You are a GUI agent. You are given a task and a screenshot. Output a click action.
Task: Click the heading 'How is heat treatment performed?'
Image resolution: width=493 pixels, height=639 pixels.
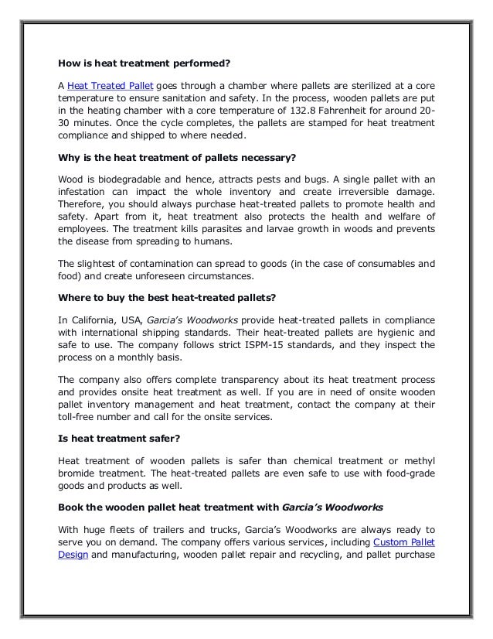click(x=144, y=63)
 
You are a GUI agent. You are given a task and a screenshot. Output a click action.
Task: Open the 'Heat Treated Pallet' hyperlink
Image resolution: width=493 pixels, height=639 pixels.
click(x=109, y=84)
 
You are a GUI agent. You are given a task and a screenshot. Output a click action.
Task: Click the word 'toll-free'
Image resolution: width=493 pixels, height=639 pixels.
click(x=80, y=419)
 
